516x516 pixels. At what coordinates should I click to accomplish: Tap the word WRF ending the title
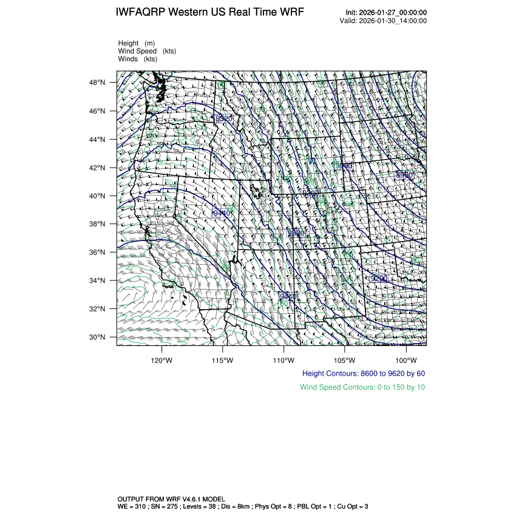[x=293, y=12]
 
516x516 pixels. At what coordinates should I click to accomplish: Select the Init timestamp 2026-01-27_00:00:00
[x=394, y=13]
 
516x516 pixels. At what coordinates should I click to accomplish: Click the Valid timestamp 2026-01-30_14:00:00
[x=393, y=21]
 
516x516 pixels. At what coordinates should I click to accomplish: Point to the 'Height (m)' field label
[x=137, y=43]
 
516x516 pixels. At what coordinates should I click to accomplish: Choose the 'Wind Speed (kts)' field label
[x=147, y=51]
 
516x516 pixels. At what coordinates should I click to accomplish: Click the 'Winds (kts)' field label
[x=138, y=59]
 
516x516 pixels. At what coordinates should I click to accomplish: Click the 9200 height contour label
[x=379, y=278]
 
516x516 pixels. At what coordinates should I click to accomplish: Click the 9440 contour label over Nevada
[x=222, y=213]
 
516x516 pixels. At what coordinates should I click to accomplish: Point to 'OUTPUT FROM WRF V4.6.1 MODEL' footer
[x=171, y=499]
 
